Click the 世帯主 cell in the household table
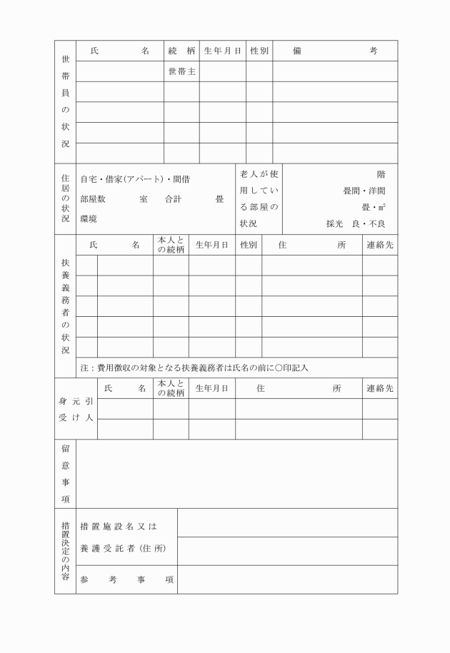coord(181,72)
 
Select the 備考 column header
coord(334,51)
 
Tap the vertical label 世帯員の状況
coord(65,103)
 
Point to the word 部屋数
coord(93,199)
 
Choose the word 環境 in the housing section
coord(89,218)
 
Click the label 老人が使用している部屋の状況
coord(259,199)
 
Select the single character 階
coord(381,174)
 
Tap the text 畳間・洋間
coord(364,191)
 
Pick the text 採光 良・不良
coord(356,224)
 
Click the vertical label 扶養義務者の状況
coord(65,305)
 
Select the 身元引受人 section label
coord(76,409)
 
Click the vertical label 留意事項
coord(65,474)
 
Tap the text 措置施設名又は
coord(119,527)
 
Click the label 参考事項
coord(126,579)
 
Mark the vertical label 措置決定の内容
coord(65,551)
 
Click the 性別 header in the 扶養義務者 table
coord(249,245)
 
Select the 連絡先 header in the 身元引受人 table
coord(380,388)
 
